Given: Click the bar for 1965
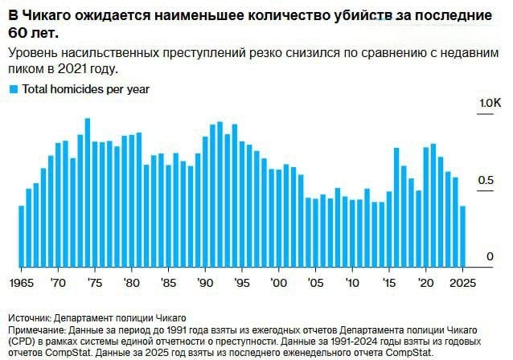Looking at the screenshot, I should tap(22, 236).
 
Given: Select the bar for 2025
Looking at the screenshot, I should tap(462, 236).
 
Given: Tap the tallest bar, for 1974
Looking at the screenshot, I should tap(88, 193).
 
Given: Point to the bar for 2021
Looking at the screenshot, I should tap(433, 206).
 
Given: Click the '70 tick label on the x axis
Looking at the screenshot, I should tap(58, 283).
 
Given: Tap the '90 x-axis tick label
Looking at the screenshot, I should tap(205, 283).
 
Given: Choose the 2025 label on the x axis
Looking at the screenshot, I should tap(462, 283).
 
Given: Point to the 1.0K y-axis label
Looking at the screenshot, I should tap(490, 104).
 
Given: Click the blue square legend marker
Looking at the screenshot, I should tap(13, 90).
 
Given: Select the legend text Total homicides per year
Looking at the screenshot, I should tap(85, 90).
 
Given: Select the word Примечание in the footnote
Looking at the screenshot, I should tap(39, 330).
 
